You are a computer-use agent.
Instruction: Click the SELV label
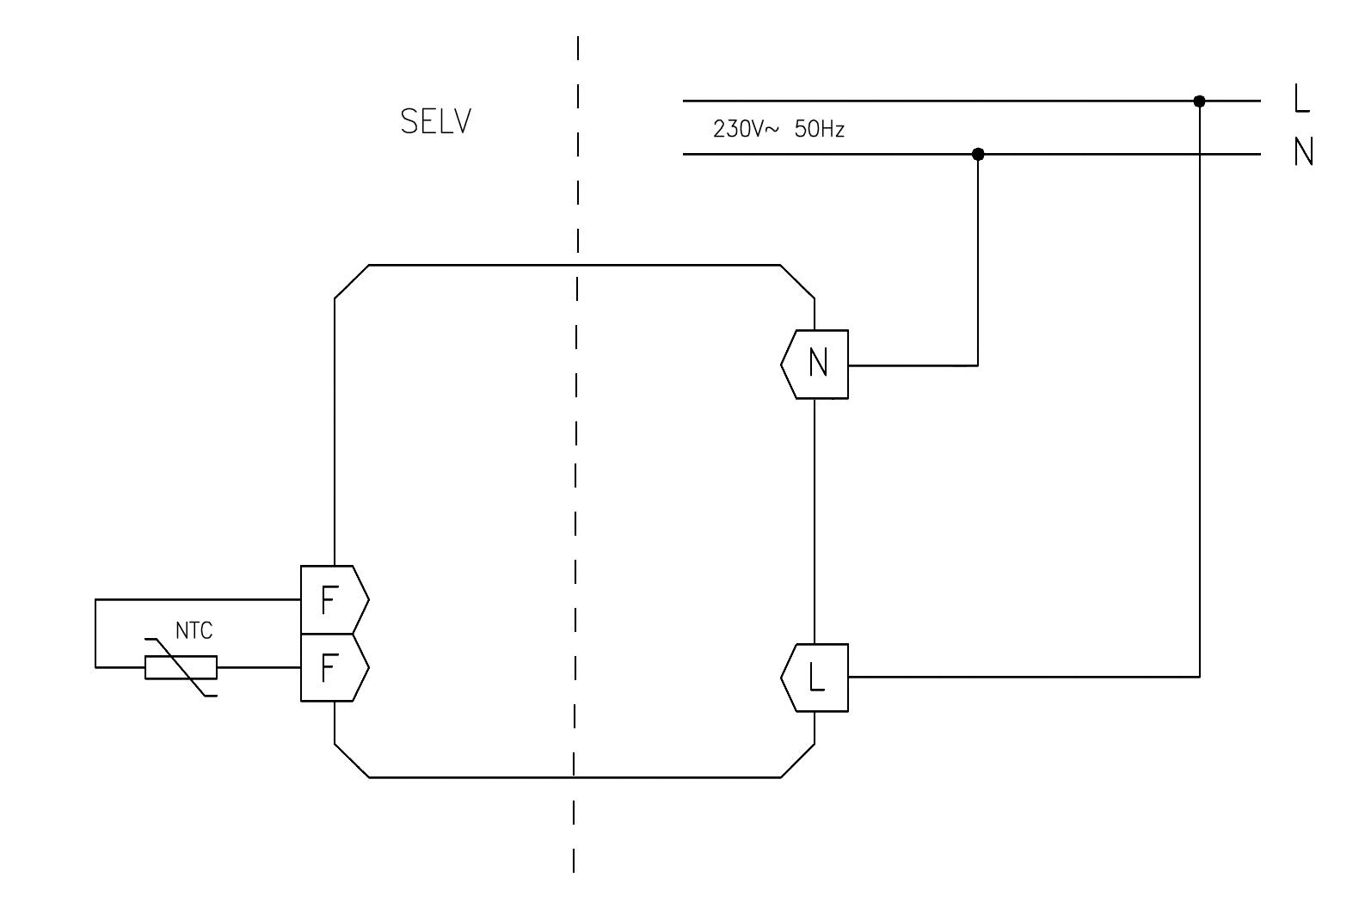(435, 122)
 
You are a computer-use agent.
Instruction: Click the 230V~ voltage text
(745, 130)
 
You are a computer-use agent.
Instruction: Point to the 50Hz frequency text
(820, 130)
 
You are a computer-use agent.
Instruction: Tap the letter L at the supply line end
(1301, 100)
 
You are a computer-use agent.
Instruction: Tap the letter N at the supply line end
(1303, 153)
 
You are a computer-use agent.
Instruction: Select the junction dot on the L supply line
(1199, 101)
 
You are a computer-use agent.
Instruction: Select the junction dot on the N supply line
(977, 155)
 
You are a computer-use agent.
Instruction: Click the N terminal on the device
(817, 364)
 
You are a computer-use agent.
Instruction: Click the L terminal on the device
(817, 678)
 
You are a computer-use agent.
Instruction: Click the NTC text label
(194, 631)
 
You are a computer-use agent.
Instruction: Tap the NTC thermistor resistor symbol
(181, 667)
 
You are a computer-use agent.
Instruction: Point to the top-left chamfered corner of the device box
(352, 281)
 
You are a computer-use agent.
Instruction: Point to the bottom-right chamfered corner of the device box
(797, 761)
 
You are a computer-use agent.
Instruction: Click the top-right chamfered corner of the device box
(797, 281)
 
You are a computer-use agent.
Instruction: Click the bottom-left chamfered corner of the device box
(352, 761)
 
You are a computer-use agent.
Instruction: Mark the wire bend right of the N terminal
(977, 365)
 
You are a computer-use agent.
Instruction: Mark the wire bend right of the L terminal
(1199, 677)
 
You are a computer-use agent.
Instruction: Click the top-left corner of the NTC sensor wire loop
(95, 599)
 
